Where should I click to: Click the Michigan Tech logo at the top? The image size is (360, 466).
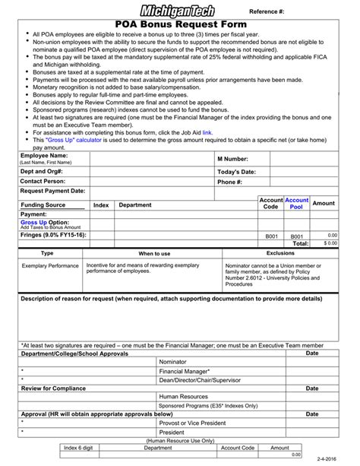[178, 10]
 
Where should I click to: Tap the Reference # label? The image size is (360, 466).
[268, 11]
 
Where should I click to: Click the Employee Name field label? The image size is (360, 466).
[43, 156]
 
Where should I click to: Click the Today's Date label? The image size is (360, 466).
[237, 171]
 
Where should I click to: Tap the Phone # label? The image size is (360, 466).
[229, 182]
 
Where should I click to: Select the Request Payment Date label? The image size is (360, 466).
[52, 192]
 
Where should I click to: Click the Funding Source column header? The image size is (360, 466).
[43, 204]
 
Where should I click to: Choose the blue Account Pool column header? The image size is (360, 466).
[296, 203]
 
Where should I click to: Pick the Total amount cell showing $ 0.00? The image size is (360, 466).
[330, 243]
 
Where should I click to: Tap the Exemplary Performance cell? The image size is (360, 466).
[50, 267]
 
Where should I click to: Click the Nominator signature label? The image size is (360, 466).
[172, 362]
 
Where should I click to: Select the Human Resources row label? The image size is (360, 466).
[183, 396]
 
